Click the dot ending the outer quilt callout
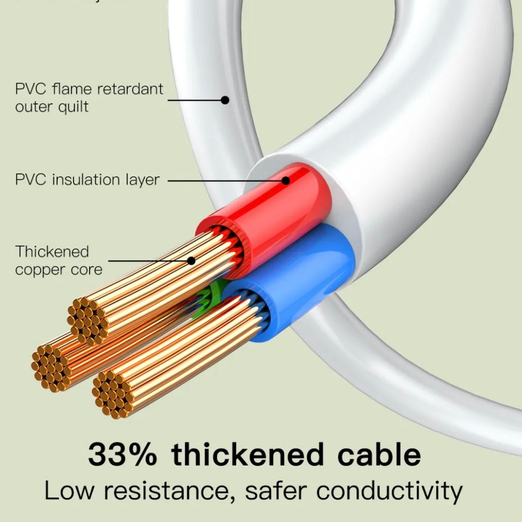point(225,100)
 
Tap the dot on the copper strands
point(191,261)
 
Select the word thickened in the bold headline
point(248,455)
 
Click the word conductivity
point(389,491)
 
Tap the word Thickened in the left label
point(52,251)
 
